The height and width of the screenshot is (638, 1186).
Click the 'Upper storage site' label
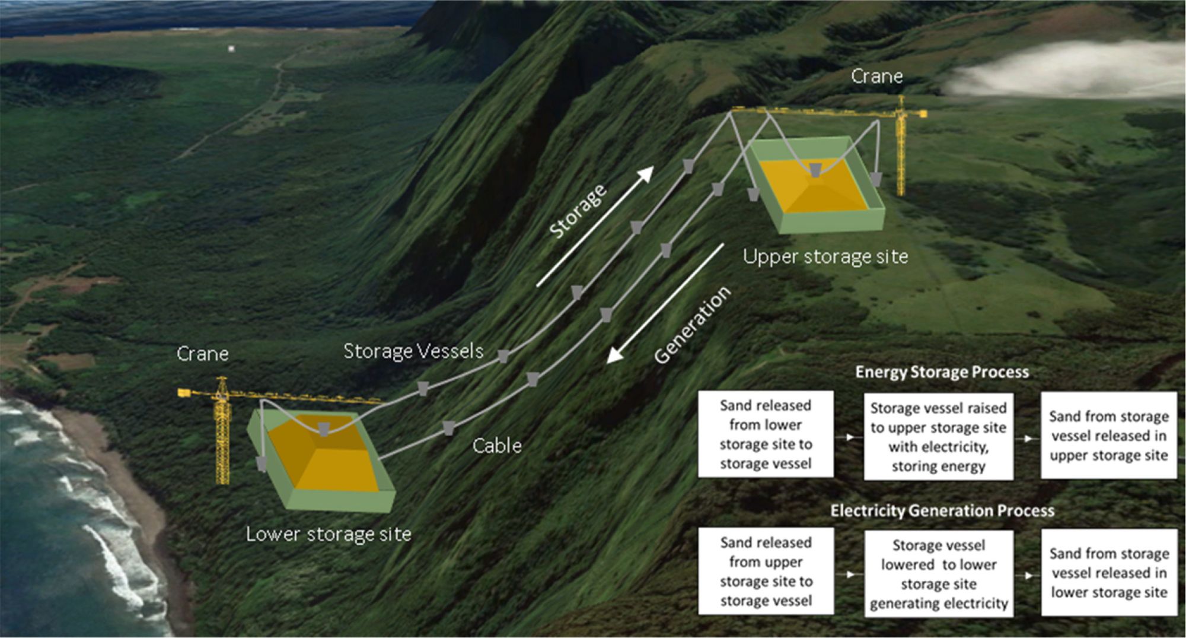click(825, 256)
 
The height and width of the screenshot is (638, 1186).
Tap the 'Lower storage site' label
click(329, 534)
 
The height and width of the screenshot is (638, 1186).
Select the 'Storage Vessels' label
click(413, 351)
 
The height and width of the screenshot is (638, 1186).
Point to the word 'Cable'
click(497, 445)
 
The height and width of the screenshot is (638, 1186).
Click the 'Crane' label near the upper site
click(876, 76)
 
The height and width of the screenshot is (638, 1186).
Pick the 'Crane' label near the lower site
click(202, 354)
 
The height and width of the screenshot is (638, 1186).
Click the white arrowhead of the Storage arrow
click(646, 173)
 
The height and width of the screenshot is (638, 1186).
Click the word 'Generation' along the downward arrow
click(693, 324)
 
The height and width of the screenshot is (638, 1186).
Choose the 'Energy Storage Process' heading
click(942, 372)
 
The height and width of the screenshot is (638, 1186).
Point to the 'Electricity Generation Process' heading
click(942, 510)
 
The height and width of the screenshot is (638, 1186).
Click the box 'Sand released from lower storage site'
click(765, 434)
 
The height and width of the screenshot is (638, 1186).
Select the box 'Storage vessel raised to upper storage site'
click(938, 436)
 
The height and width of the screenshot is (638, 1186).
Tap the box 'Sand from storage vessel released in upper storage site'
click(1108, 435)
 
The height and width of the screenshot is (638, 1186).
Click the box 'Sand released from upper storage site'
click(766, 571)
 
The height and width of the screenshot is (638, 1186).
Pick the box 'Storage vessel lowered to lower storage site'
click(938, 573)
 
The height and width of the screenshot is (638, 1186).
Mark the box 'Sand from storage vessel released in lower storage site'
click(1109, 572)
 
